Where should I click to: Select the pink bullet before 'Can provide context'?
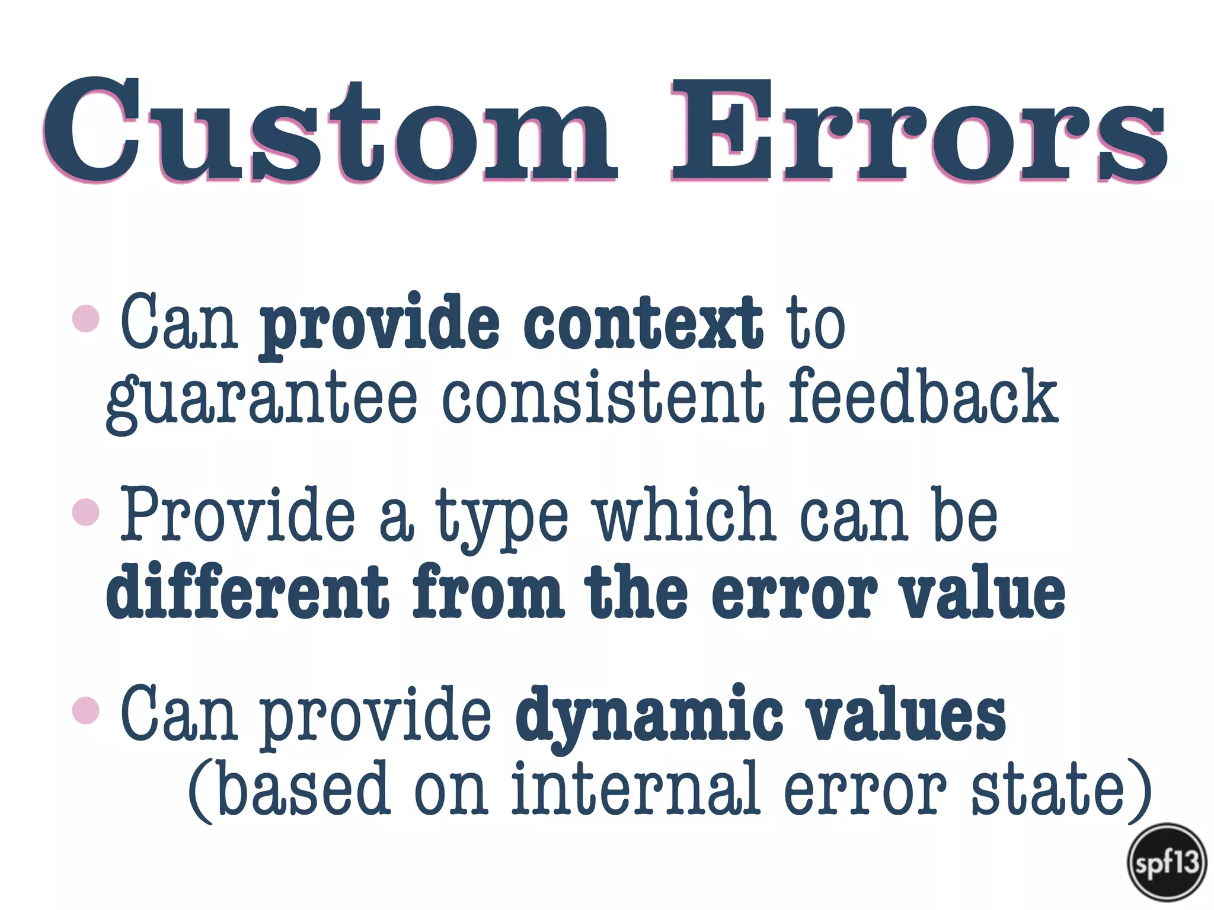pyautogui.click(x=85, y=319)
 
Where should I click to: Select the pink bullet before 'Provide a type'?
pyautogui.click(x=85, y=512)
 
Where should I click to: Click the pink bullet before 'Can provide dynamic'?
pyautogui.click(x=85, y=709)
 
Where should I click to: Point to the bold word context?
pyautogui.click(x=643, y=323)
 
